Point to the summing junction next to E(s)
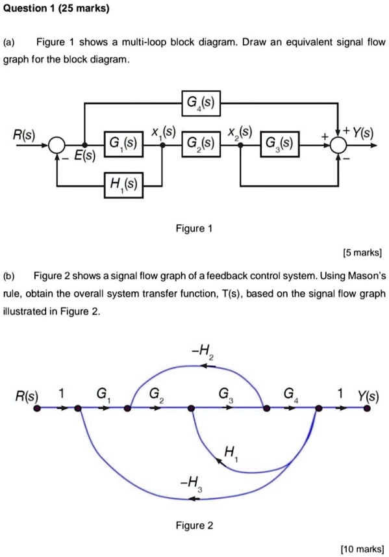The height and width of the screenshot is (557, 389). [57, 144]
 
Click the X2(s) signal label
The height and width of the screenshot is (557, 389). [241, 131]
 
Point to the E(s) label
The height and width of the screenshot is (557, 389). [83, 157]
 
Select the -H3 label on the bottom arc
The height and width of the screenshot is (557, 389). [192, 483]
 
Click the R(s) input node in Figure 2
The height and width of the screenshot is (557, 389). [37, 409]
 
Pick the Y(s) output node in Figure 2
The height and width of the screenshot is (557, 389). [368, 409]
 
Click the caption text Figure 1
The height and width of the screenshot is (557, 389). [194, 229]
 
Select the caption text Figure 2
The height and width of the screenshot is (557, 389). [194, 525]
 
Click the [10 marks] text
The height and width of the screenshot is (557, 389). [360, 549]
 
